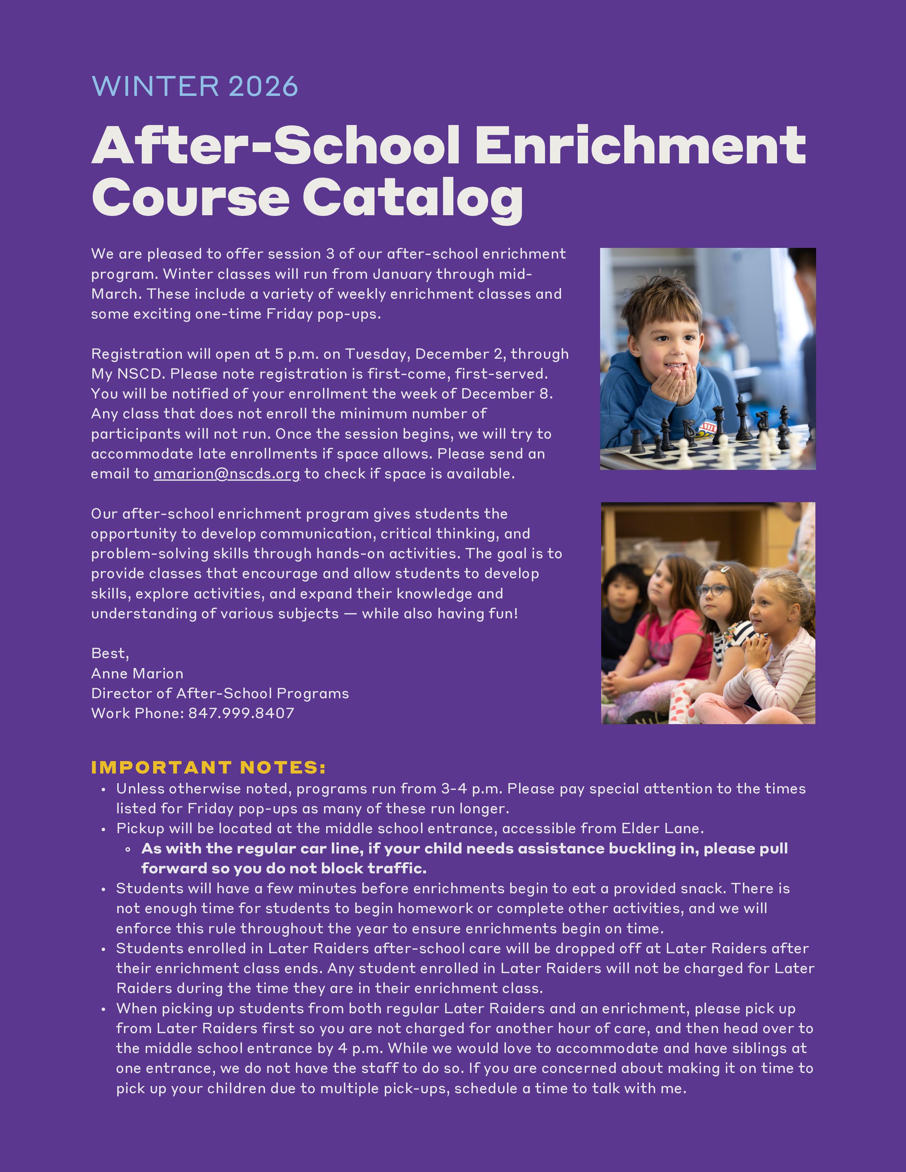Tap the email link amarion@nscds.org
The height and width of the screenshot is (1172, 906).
tap(227, 474)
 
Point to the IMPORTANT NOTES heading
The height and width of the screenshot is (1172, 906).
tap(208, 767)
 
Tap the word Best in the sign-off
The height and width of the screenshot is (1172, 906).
tap(109, 653)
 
